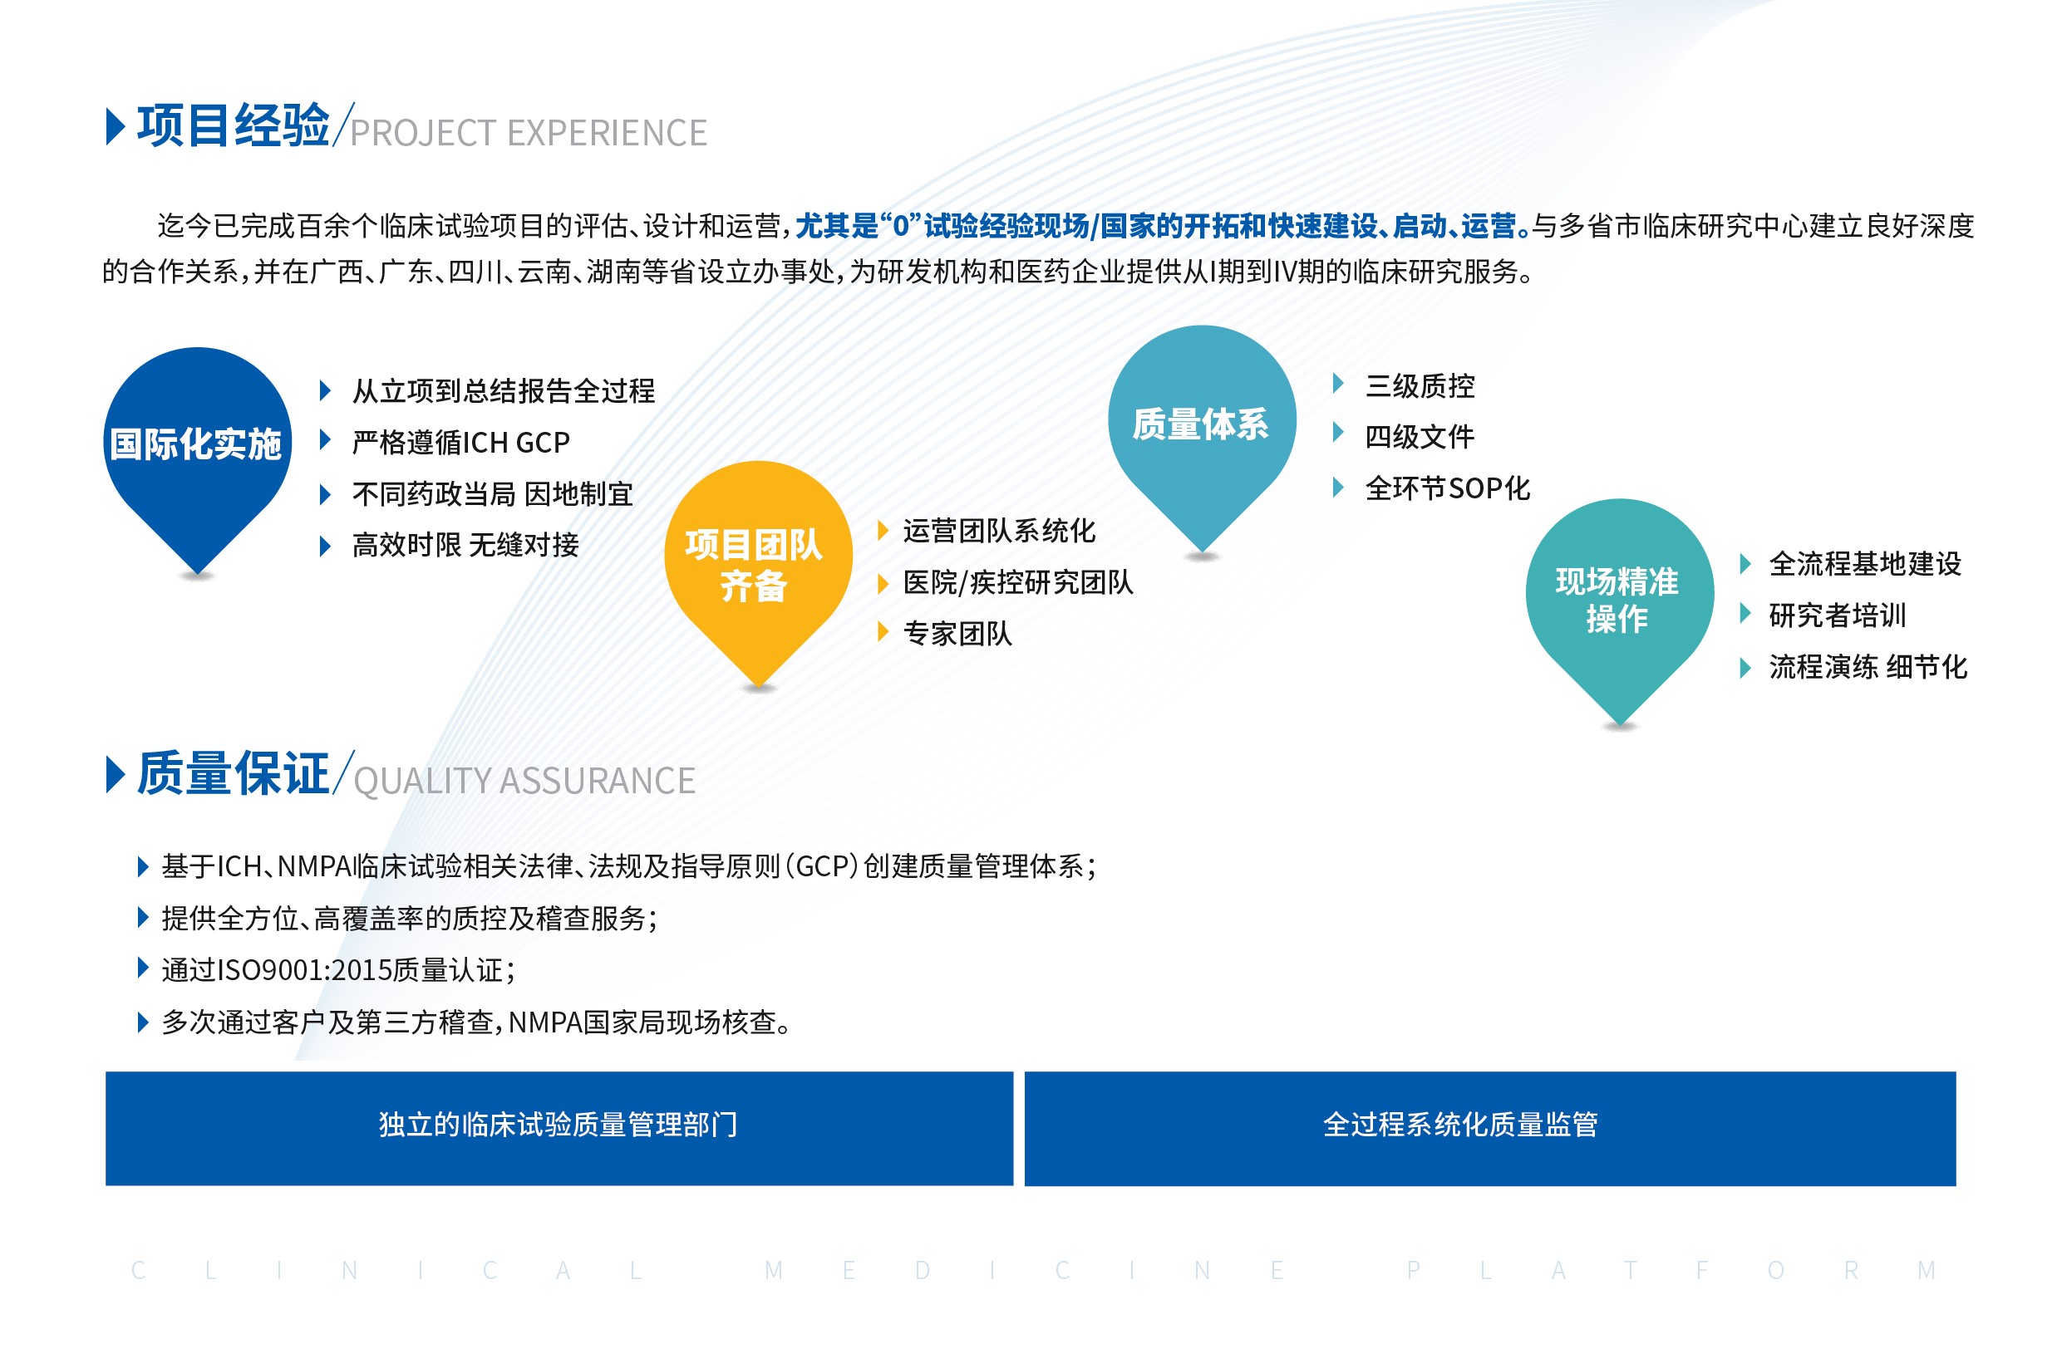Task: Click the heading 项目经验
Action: point(233,125)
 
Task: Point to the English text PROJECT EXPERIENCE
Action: point(529,133)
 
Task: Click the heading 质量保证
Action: point(233,772)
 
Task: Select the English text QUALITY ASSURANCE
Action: point(524,782)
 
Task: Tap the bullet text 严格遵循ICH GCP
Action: point(461,443)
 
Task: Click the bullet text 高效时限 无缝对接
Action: point(465,545)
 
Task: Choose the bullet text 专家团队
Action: point(957,634)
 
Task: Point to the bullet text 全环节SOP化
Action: point(1448,488)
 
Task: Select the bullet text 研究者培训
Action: point(1838,615)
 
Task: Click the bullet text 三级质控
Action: point(1420,386)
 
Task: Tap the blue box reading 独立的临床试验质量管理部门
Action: point(559,1128)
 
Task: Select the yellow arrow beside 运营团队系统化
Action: point(883,530)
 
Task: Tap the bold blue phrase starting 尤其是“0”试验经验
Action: point(1163,226)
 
